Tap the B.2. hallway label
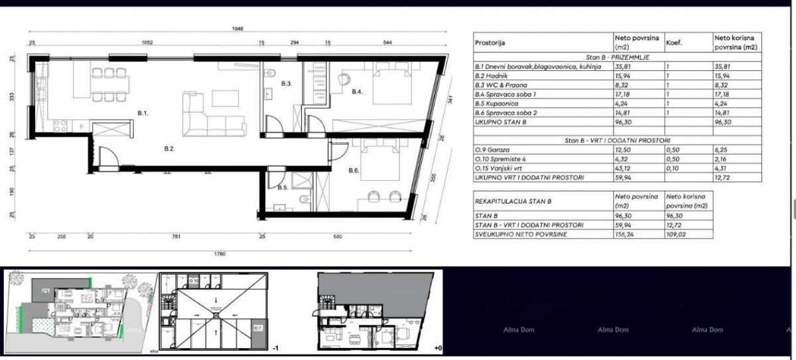click(x=170, y=150)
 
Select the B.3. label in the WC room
click(x=287, y=84)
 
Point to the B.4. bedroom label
click(x=358, y=91)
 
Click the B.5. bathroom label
click(x=283, y=188)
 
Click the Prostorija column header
click(x=490, y=43)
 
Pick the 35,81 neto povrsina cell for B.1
click(x=625, y=67)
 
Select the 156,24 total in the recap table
click(x=626, y=234)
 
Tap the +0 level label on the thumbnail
click(x=436, y=346)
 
